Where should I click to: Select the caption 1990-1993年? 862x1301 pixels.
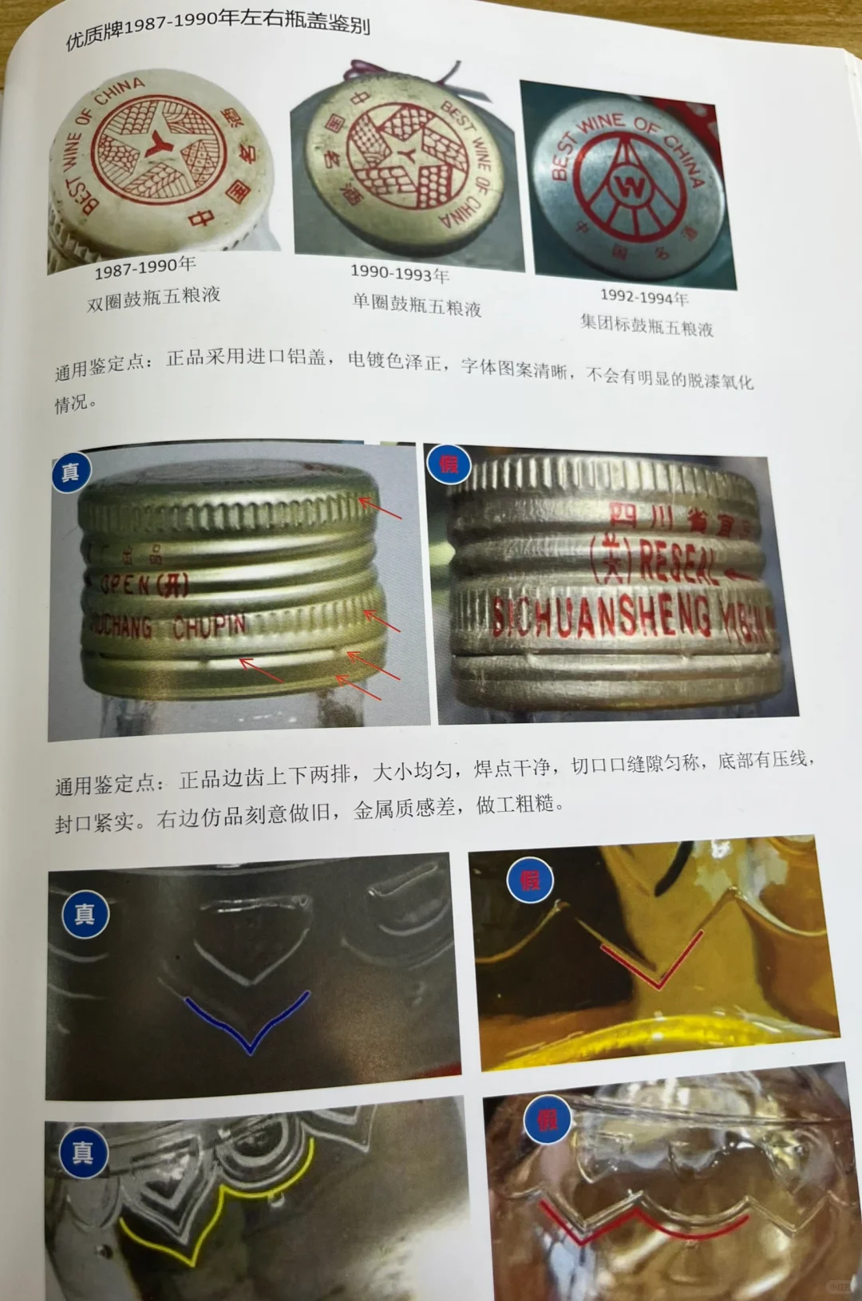coord(399,273)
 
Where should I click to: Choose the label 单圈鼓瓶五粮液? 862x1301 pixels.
coord(417,304)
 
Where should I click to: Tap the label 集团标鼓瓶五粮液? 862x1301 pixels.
coord(646,324)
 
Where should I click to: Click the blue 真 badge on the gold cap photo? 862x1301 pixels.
coord(70,472)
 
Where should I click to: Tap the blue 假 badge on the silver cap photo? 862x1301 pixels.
coord(449,463)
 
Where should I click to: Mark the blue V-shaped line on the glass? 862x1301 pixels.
coord(249,1026)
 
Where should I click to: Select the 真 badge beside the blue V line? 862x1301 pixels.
coord(85,915)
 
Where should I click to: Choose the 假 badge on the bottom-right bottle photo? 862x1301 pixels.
coord(547,1121)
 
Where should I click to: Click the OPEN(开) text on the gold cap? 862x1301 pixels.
coord(144,584)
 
